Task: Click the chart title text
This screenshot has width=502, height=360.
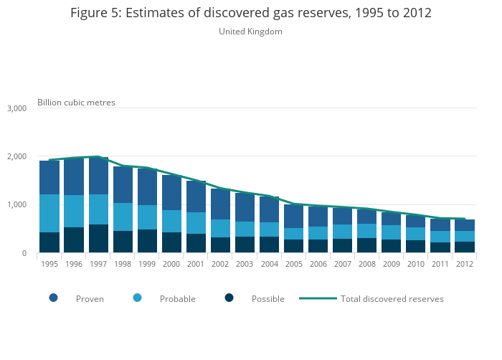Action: click(x=250, y=14)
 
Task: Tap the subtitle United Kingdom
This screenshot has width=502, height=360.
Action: click(x=250, y=32)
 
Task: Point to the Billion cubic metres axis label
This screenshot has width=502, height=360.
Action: click(x=76, y=103)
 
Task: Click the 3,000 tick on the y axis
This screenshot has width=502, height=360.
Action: click(x=16, y=108)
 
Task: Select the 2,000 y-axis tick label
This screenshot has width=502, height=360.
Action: click(x=16, y=156)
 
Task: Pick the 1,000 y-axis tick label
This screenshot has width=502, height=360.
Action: click(x=16, y=205)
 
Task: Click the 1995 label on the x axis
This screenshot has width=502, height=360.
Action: click(x=49, y=264)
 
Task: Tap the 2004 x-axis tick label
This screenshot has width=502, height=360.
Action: click(x=269, y=264)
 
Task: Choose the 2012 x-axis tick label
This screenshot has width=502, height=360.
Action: click(x=465, y=264)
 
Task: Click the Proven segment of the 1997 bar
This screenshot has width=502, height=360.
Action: click(x=98, y=176)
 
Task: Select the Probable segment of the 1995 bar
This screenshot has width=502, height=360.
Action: click(x=49, y=213)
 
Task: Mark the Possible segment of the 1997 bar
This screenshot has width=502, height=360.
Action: click(x=98, y=239)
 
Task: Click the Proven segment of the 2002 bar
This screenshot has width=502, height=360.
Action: click(x=220, y=204)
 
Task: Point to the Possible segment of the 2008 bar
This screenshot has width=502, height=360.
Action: click(x=367, y=245)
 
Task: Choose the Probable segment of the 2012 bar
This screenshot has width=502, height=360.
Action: click(x=465, y=236)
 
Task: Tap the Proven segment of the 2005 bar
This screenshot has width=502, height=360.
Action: click(x=293, y=216)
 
